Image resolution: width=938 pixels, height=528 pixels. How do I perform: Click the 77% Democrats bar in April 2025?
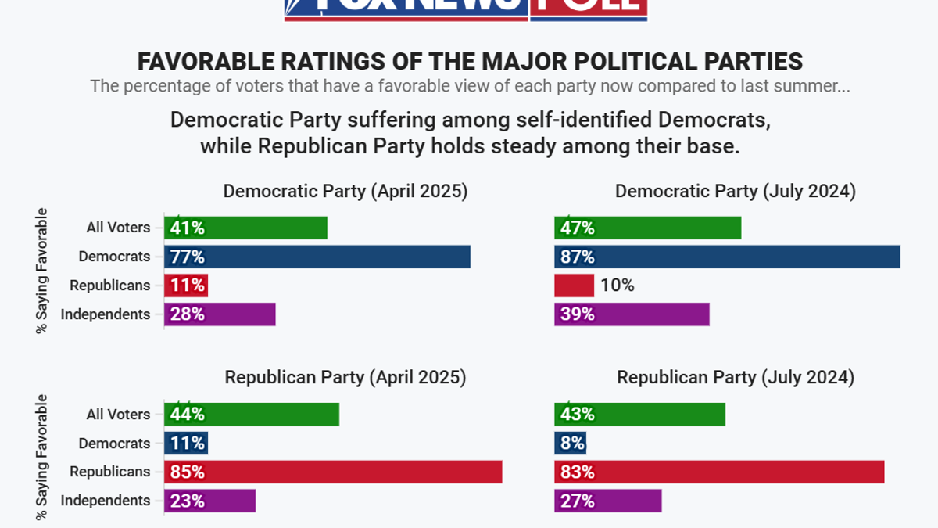click(317, 257)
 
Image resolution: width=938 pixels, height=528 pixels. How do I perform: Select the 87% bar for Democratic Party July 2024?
click(727, 257)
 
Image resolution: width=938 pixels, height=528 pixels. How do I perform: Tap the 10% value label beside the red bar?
click(618, 286)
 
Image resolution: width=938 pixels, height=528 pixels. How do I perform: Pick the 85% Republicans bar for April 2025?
click(333, 472)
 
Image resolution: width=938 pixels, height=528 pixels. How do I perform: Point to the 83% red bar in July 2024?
click(719, 472)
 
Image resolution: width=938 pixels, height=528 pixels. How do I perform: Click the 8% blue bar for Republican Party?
click(570, 444)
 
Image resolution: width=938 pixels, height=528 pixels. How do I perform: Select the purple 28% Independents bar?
click(220, 314)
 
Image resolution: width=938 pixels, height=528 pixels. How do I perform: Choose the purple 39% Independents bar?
click(632, 314)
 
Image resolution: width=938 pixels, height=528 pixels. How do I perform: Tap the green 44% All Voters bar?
click(251, 415)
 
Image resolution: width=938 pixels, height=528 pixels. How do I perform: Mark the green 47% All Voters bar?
click(647, 228)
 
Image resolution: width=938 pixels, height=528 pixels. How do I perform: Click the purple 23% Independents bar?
click(209, 501)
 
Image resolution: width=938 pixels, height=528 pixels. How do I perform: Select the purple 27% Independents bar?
click(607, 501)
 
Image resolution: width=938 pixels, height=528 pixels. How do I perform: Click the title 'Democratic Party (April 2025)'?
click(345, 192)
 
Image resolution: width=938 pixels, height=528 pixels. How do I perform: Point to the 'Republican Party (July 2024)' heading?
click(736, 378)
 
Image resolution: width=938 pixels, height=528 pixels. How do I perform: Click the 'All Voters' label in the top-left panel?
click(118, 228)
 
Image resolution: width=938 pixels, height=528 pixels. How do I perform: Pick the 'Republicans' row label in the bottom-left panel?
click(109, 472)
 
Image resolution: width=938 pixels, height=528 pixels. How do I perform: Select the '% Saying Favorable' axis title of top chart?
click(42, 271)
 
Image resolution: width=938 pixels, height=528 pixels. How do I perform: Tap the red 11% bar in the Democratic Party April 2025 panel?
click(186, 286)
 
